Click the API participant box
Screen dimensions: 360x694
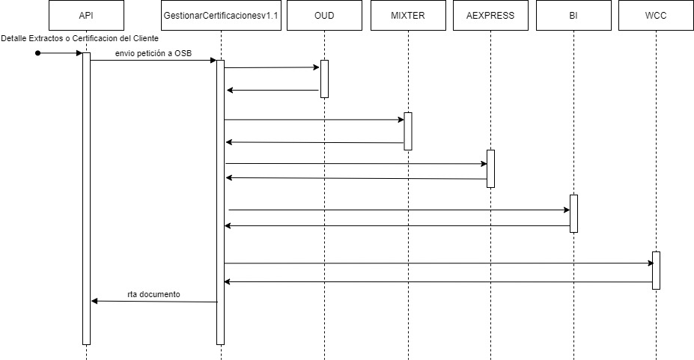pos(86,15)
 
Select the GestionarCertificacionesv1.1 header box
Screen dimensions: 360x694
pos(221,15)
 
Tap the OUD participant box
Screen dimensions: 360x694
pos(323,15)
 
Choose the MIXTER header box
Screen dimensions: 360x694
pos(407,15)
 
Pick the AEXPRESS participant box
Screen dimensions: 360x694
pos(490,15)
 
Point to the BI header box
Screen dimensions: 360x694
pos(573,15)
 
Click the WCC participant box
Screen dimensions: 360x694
pos(656,15)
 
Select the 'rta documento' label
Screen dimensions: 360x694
pos(153,294)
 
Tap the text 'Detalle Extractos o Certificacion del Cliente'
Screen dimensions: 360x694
pos(79,38)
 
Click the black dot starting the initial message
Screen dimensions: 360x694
pos(38,53)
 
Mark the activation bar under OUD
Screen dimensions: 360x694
pos(324,79)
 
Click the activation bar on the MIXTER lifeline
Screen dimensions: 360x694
pos(408,131)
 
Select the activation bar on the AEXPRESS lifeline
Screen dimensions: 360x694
pos(490,168)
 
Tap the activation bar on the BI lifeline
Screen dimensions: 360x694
pos(573,213)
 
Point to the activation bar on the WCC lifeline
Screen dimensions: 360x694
pos(656,270)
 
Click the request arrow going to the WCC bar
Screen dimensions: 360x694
pos(438,263)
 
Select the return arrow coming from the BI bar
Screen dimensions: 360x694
pos(397,225)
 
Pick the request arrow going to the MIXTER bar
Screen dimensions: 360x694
pos(314,120)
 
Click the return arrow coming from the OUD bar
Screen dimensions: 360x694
pos(273,91)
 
